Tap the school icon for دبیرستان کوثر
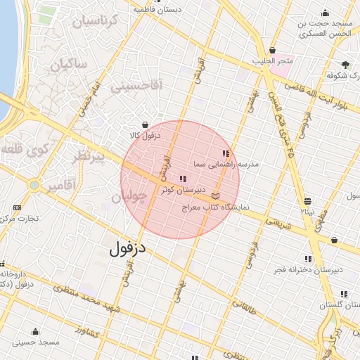pyautogui.click(x=184, y=179)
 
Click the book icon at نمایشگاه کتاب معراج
pyautogui.click(x=214, y=196)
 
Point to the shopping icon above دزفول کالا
pyautogui.click(x=145, y=124)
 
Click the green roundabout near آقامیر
pyautogui.click(x=33, y=185)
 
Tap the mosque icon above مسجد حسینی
pyautogui.click(x=35, y=331)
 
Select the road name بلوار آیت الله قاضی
pyautogui.click(x=320, y=96)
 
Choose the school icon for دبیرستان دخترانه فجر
pyautogui.click(x=308, y=259)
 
